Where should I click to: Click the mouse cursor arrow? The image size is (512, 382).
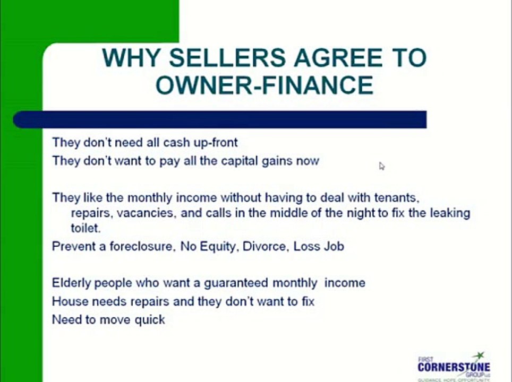(x=381, y=166)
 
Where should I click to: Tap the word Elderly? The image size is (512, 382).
(x=72, y=283)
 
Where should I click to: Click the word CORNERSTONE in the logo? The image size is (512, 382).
(x=454, y=367)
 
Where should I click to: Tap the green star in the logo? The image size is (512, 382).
(x=480, y=356)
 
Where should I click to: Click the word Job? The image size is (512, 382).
(x=335, y=247)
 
